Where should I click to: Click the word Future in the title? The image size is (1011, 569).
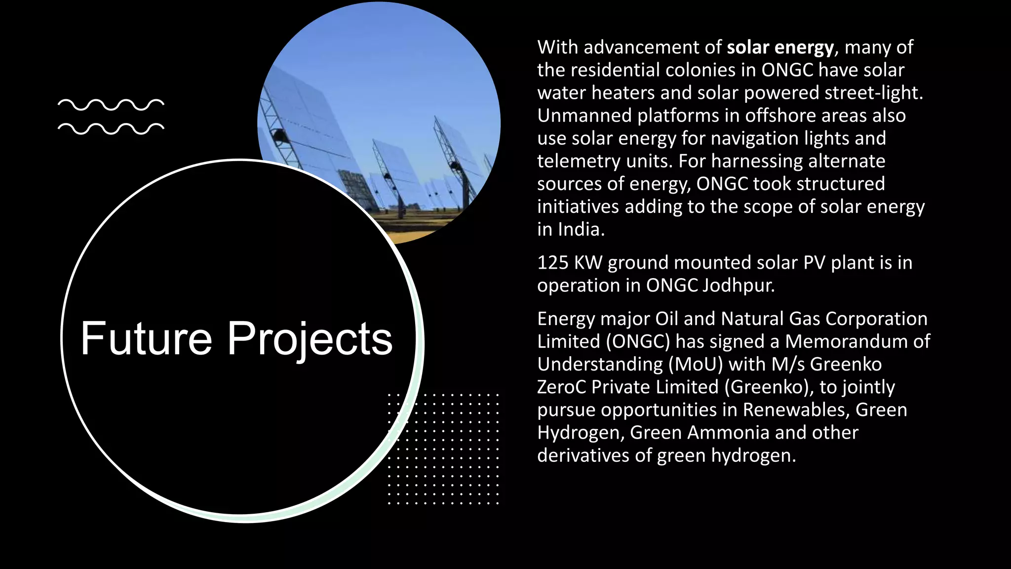pyautogui.click(x=146, y=339)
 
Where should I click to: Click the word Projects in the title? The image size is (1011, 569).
pyautogui.click(x=310, y=339)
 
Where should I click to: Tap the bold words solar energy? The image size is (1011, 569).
pyautogui.click(x=780, y=47)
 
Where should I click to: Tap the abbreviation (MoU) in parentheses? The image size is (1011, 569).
pyautogui.click(x=696, y=365)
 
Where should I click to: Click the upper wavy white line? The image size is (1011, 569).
pyautogui.click(x=111, y=105)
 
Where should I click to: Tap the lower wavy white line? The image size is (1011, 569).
pyautogui.click(x=111, y=128)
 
